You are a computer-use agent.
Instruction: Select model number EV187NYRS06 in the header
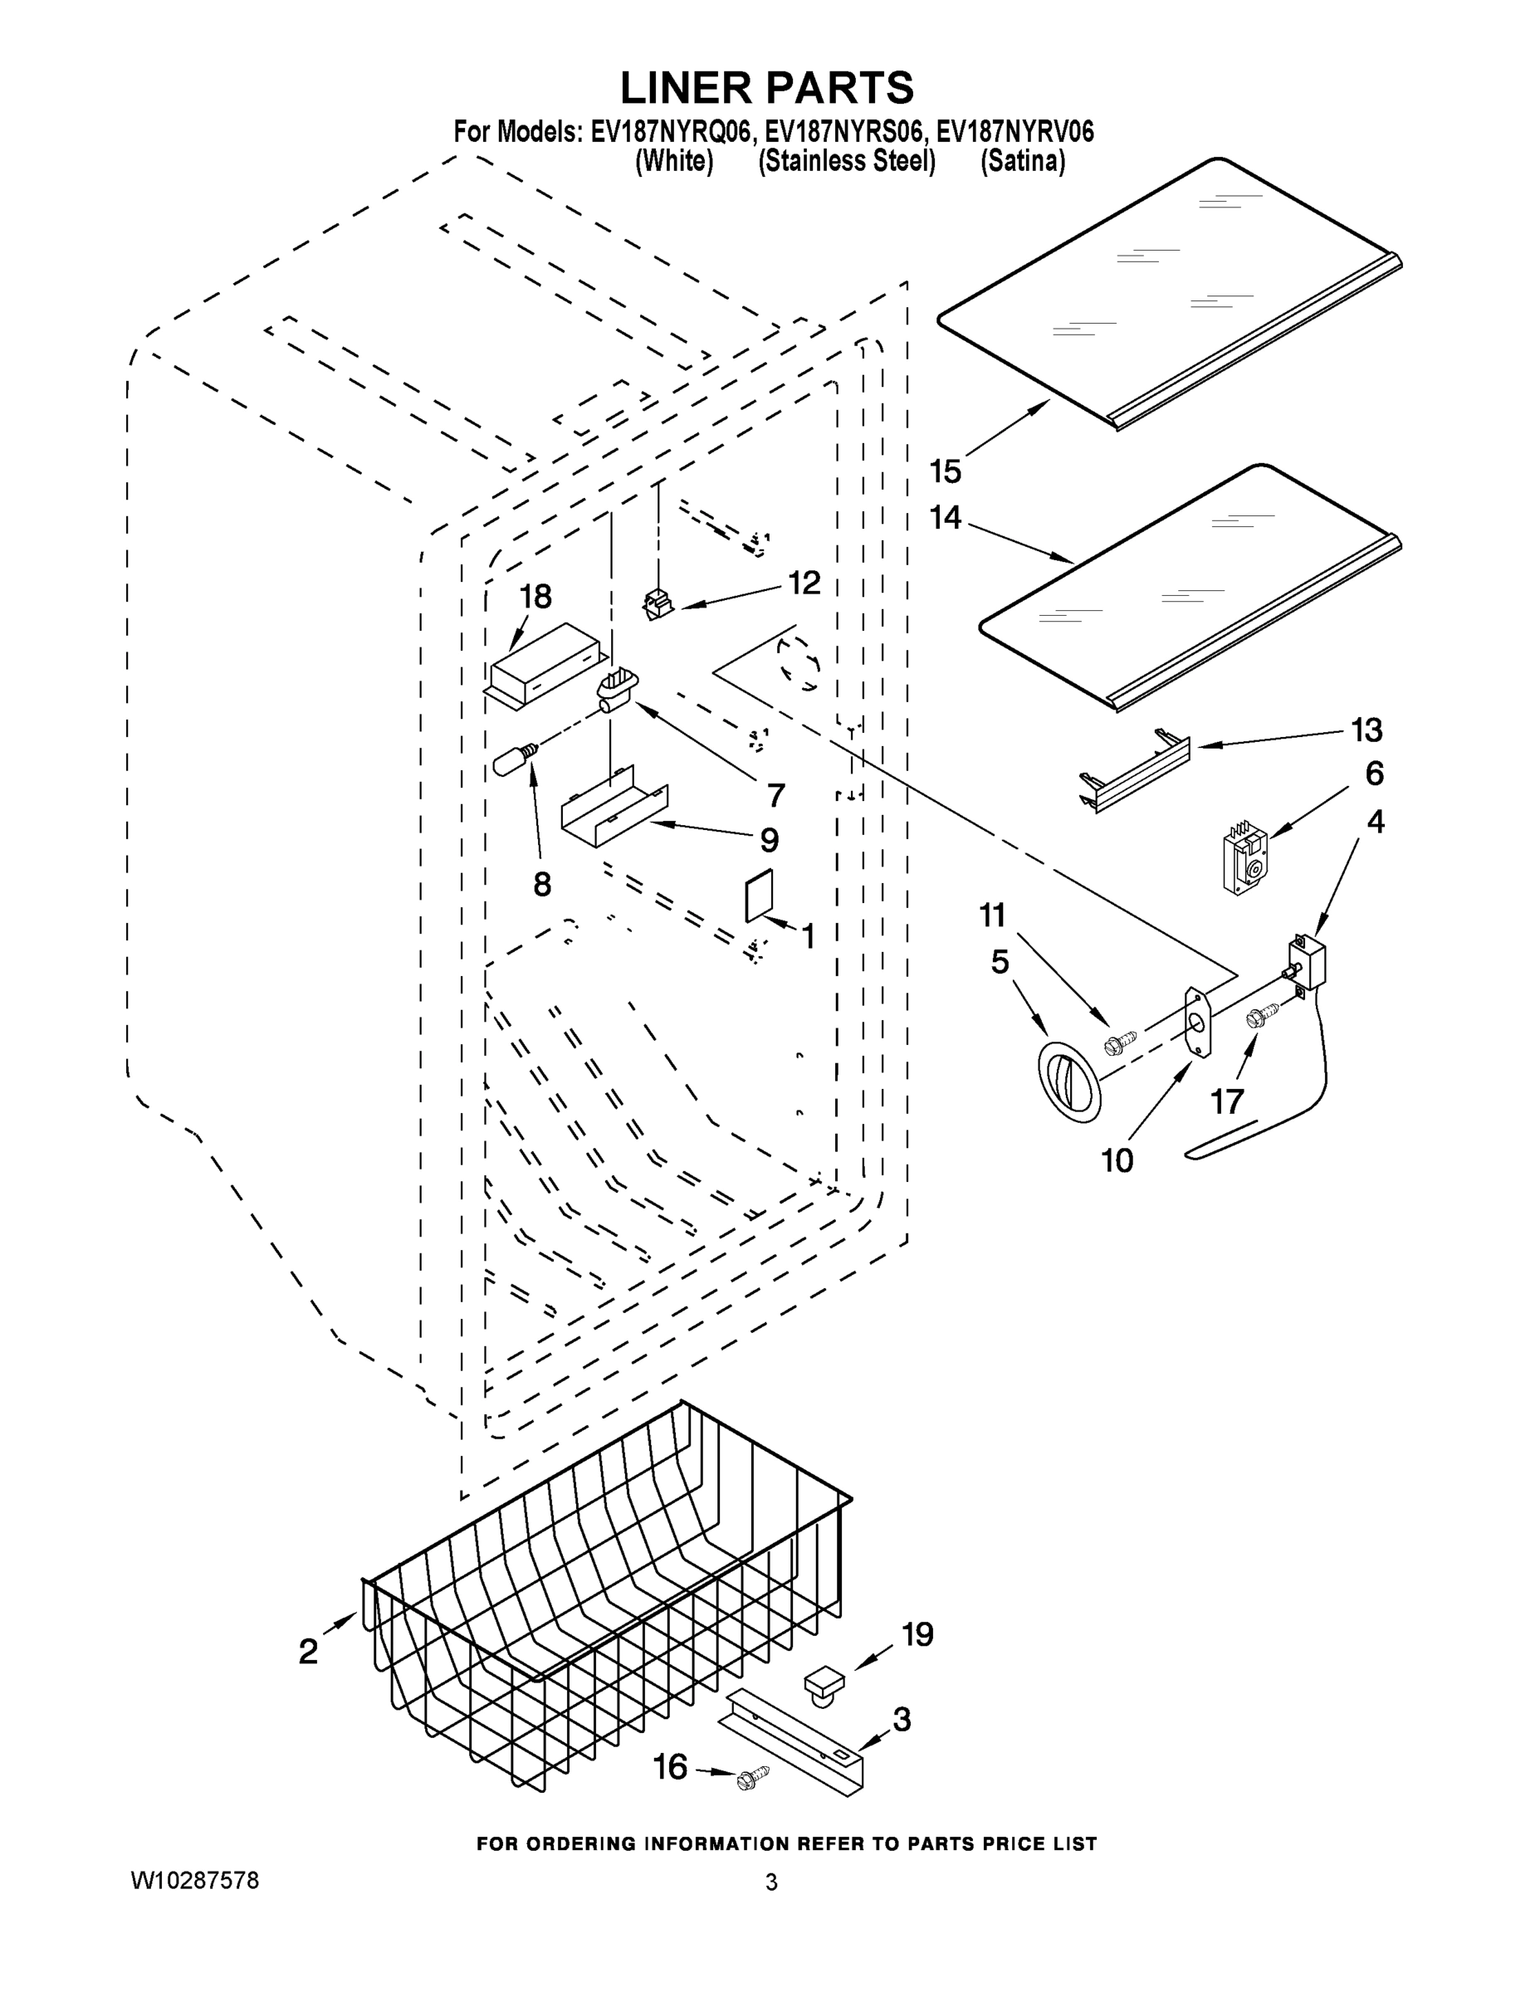[x=844, y=132]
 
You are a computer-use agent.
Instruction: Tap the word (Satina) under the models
[x=1023, y=162]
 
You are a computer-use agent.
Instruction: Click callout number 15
[x=945, y=471]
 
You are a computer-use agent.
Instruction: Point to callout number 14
[x=945, y=518]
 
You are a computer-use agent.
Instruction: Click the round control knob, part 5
[x=1069, y=1081]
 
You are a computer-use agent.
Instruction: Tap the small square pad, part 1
[x=759, y=896]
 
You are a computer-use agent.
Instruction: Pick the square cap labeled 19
[x=824, y=1680]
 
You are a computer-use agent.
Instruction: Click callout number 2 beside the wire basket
[x=308, y=1651]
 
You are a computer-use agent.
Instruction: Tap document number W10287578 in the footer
[x=194, y=1881]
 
